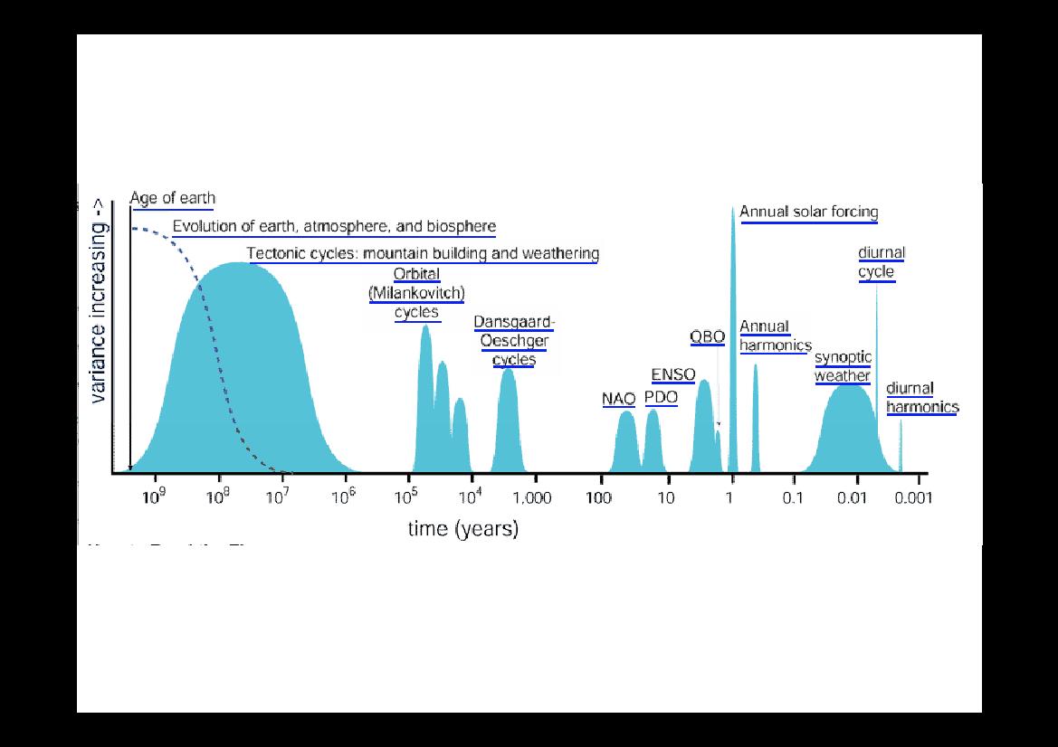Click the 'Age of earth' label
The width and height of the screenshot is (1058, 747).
[173, 198]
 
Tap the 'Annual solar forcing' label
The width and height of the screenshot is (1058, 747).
[809, 213]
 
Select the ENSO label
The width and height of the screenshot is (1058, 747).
[673, 375]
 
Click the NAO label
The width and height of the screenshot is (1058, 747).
[618, 398]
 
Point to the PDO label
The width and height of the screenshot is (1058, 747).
[661, 397]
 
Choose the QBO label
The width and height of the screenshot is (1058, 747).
[707, 337]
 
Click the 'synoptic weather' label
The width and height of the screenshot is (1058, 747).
[843, 366]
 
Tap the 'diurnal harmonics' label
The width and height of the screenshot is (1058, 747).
[921, 398]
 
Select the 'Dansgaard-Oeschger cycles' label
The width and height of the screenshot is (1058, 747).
[514, 341]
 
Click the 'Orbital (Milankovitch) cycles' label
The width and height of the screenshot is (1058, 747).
[416, 294]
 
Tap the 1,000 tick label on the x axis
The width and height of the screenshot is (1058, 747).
[537, 498]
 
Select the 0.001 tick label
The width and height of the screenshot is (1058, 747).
[912, 498]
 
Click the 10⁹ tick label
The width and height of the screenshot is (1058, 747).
[154, 498]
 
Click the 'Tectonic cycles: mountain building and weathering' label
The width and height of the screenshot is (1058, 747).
[423, 253]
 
